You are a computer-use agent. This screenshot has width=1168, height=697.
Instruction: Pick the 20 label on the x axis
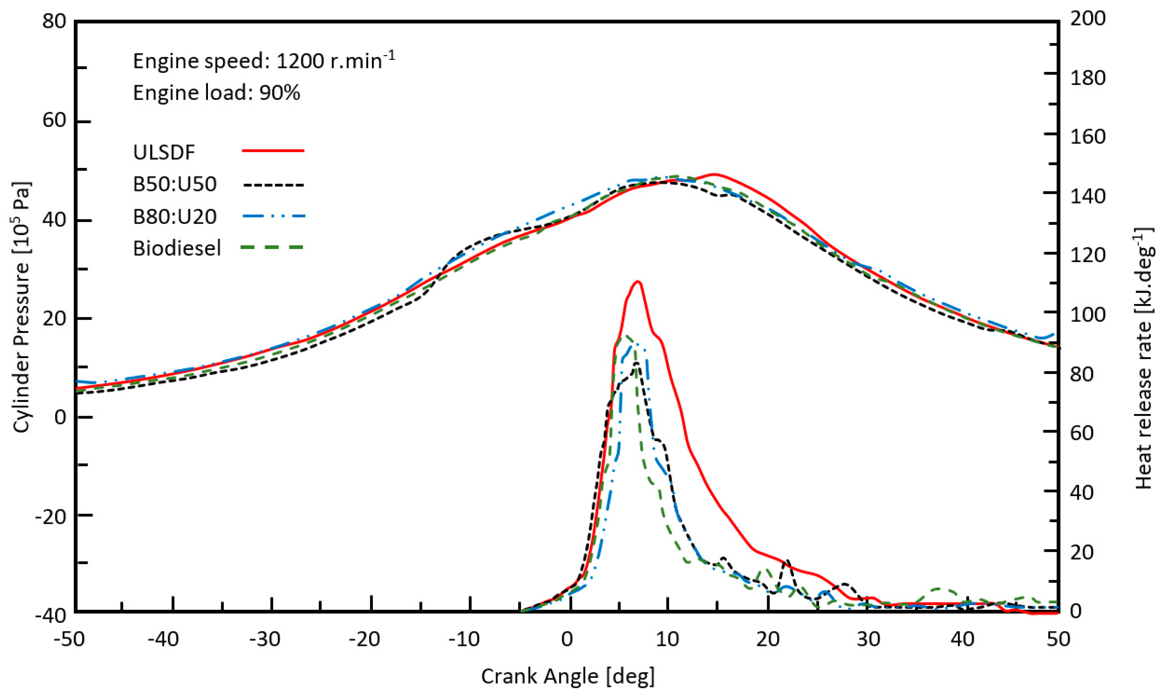768,639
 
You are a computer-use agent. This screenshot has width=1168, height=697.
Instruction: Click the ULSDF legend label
164,153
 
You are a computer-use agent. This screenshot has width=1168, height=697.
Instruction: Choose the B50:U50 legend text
175,184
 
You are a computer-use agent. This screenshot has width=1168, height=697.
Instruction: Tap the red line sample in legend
273,151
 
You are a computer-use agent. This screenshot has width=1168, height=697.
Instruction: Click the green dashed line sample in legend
273,247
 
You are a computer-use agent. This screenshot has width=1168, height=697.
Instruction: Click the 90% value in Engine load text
280,93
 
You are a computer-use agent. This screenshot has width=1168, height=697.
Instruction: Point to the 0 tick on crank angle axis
567,639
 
